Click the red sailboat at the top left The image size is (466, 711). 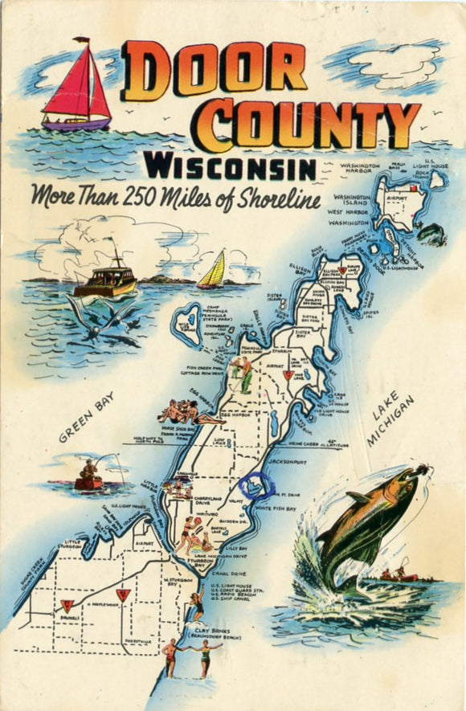pyautogui.click(x=76, y=88)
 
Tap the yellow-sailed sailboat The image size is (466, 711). pyautogui.click(x=213, y=271)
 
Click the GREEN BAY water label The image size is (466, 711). pyautogui.click(x=87, y=418)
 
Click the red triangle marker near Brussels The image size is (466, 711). pyautogui.click(x=67, y=603)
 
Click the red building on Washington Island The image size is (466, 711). pyautogui.click(x=415, y=189)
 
